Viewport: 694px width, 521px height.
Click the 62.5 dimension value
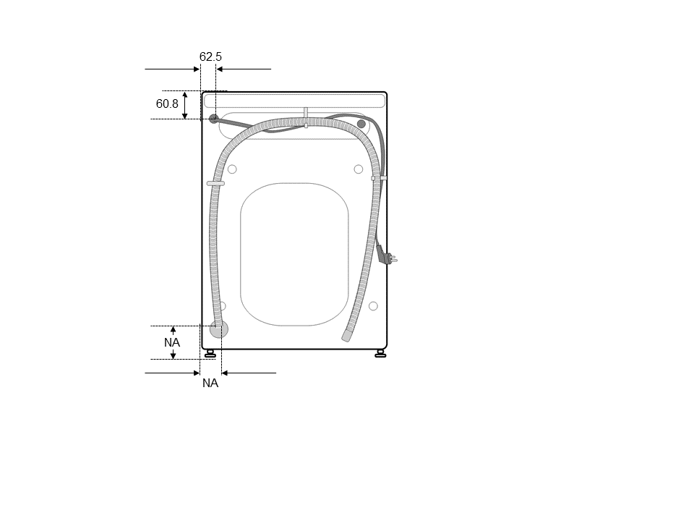[x=210, y=56]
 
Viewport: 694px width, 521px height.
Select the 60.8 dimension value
[x=167, y=103]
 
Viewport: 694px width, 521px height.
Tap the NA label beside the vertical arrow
[x=172, y=342]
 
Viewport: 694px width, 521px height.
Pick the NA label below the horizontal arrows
[x=210, y=384]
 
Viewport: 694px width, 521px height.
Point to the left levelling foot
[x=210, y=353]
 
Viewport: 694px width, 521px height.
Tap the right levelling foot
[x=380, y=353]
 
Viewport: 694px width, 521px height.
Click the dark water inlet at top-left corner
[x=214, y=119]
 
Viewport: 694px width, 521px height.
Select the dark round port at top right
[x=361, y=124]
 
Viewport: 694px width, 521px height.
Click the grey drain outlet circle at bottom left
[x=219, y=329]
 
